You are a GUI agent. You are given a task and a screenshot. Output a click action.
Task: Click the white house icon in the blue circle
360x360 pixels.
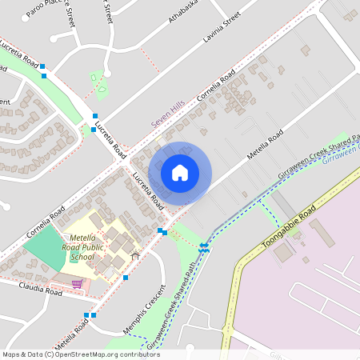[x=179, y=172]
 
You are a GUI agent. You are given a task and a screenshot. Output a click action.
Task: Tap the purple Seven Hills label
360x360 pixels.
[x=168, y=118]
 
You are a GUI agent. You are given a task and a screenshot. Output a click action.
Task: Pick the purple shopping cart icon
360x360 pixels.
[x=77, y=283]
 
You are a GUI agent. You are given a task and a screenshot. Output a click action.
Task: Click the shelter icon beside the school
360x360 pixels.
[x=134, y=255]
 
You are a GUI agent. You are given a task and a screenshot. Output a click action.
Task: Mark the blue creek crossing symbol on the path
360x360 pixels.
[x=205, y=247]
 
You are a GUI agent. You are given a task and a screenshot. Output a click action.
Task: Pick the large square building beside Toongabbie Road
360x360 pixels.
[x=283, y=252]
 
